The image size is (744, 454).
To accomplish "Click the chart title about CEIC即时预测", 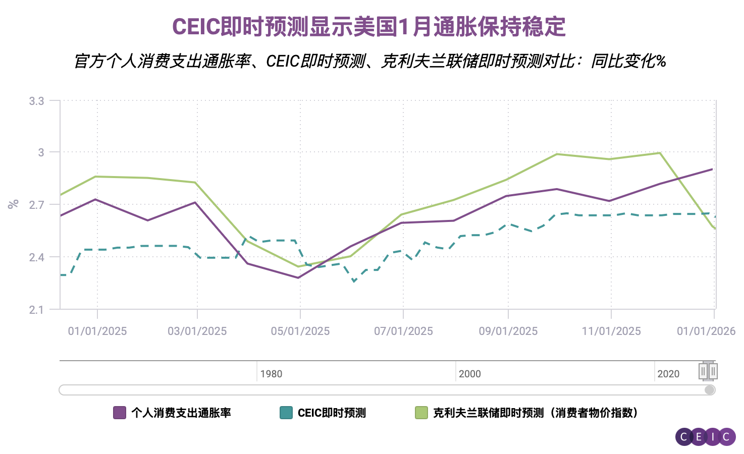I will [x=369, y=27].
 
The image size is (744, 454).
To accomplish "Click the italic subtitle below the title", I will [x=369, y=61].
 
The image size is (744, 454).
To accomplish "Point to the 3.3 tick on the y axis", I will [x=36, y=101].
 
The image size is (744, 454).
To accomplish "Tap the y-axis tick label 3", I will [x=41, y=152].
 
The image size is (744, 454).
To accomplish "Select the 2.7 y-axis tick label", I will [x=36, y=205].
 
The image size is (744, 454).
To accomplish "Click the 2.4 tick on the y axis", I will [x=36, y=258].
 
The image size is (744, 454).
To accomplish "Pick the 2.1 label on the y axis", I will [x=36, y=310].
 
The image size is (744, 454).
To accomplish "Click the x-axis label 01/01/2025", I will [x=97, y=331].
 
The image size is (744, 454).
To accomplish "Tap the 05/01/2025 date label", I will [x=300, y=331].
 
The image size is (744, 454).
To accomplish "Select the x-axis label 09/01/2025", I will [x=508, y=331].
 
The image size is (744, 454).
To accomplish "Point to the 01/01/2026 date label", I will [x=706, y=331].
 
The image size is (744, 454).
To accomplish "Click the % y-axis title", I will [x=13, y=204].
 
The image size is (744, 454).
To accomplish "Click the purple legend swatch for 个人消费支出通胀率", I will [x=120, y=413].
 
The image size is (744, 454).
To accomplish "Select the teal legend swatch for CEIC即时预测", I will [x=286, y=413].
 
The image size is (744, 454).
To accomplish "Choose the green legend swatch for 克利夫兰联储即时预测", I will [x=421, y=413].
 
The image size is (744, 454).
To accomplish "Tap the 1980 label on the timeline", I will [x=271, y=374].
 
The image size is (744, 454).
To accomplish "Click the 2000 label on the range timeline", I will [x=470, y=374].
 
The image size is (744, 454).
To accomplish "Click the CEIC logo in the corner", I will [x=705, y=437].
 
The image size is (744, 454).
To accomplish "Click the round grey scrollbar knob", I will [x=709, y=390].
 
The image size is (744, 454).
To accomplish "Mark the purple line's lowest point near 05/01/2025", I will [x=298, y=277].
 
